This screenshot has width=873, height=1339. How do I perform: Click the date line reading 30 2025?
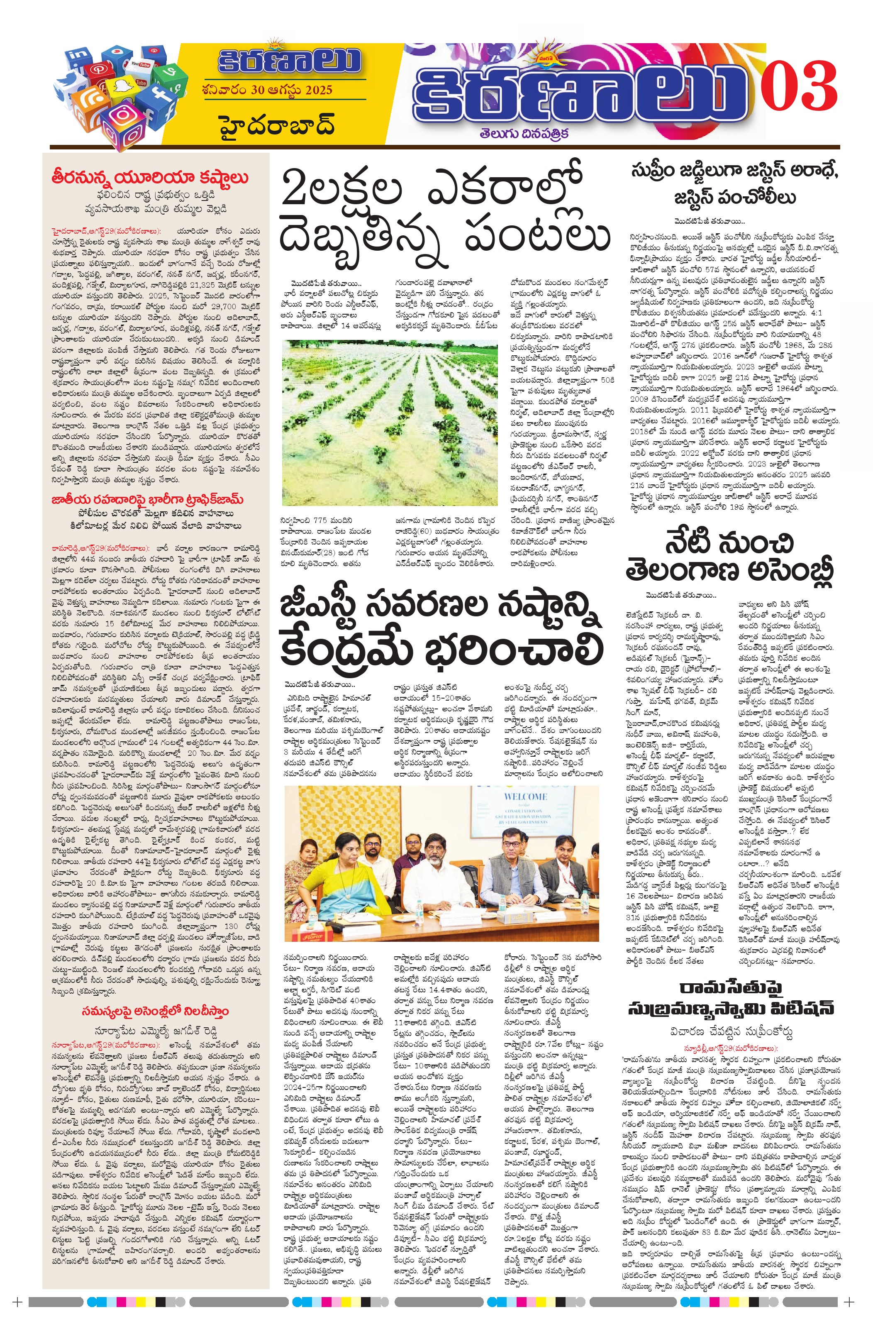(x=268, y=90)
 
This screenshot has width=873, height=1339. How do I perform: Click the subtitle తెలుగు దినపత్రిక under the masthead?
(x=524, y=133)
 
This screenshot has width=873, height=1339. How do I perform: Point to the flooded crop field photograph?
(x=390, y=422)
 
